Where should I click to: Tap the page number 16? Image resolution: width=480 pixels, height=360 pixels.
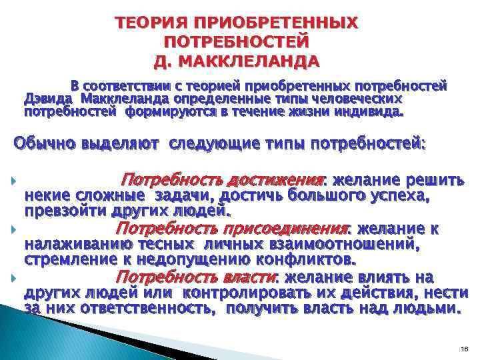click(465, 349)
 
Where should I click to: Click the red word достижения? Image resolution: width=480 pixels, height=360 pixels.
click(275, 180)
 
